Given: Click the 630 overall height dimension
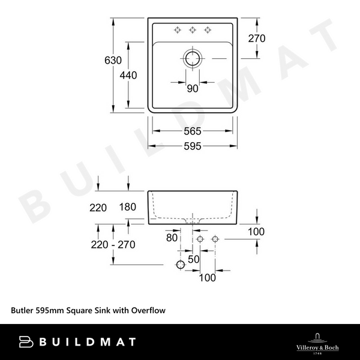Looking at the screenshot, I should [x=113, y=61].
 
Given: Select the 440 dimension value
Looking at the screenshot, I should [x=128, y=76].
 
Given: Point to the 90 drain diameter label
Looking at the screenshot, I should [x=192, y=89].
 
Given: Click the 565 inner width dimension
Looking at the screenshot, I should [x=192, y=131].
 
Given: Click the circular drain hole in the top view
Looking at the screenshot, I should [x=193, y=59].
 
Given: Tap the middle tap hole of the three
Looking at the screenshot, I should [x=193, y=29].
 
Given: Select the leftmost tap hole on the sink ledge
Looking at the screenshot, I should [x=178, y=29].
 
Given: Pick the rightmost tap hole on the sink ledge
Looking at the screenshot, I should [x=208, y=29].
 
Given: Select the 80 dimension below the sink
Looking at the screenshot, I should [x=172, y=238].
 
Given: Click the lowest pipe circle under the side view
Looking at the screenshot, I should [x=179, y=265].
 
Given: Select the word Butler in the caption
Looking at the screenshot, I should [x=23, y=311].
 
